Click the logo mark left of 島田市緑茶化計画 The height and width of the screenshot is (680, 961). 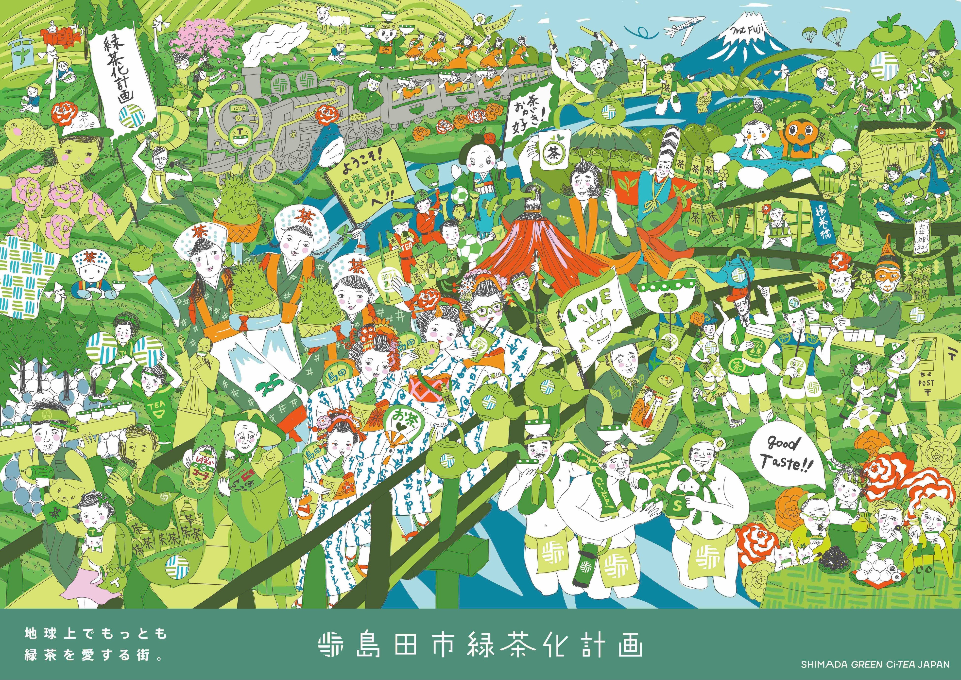point(331,647)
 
